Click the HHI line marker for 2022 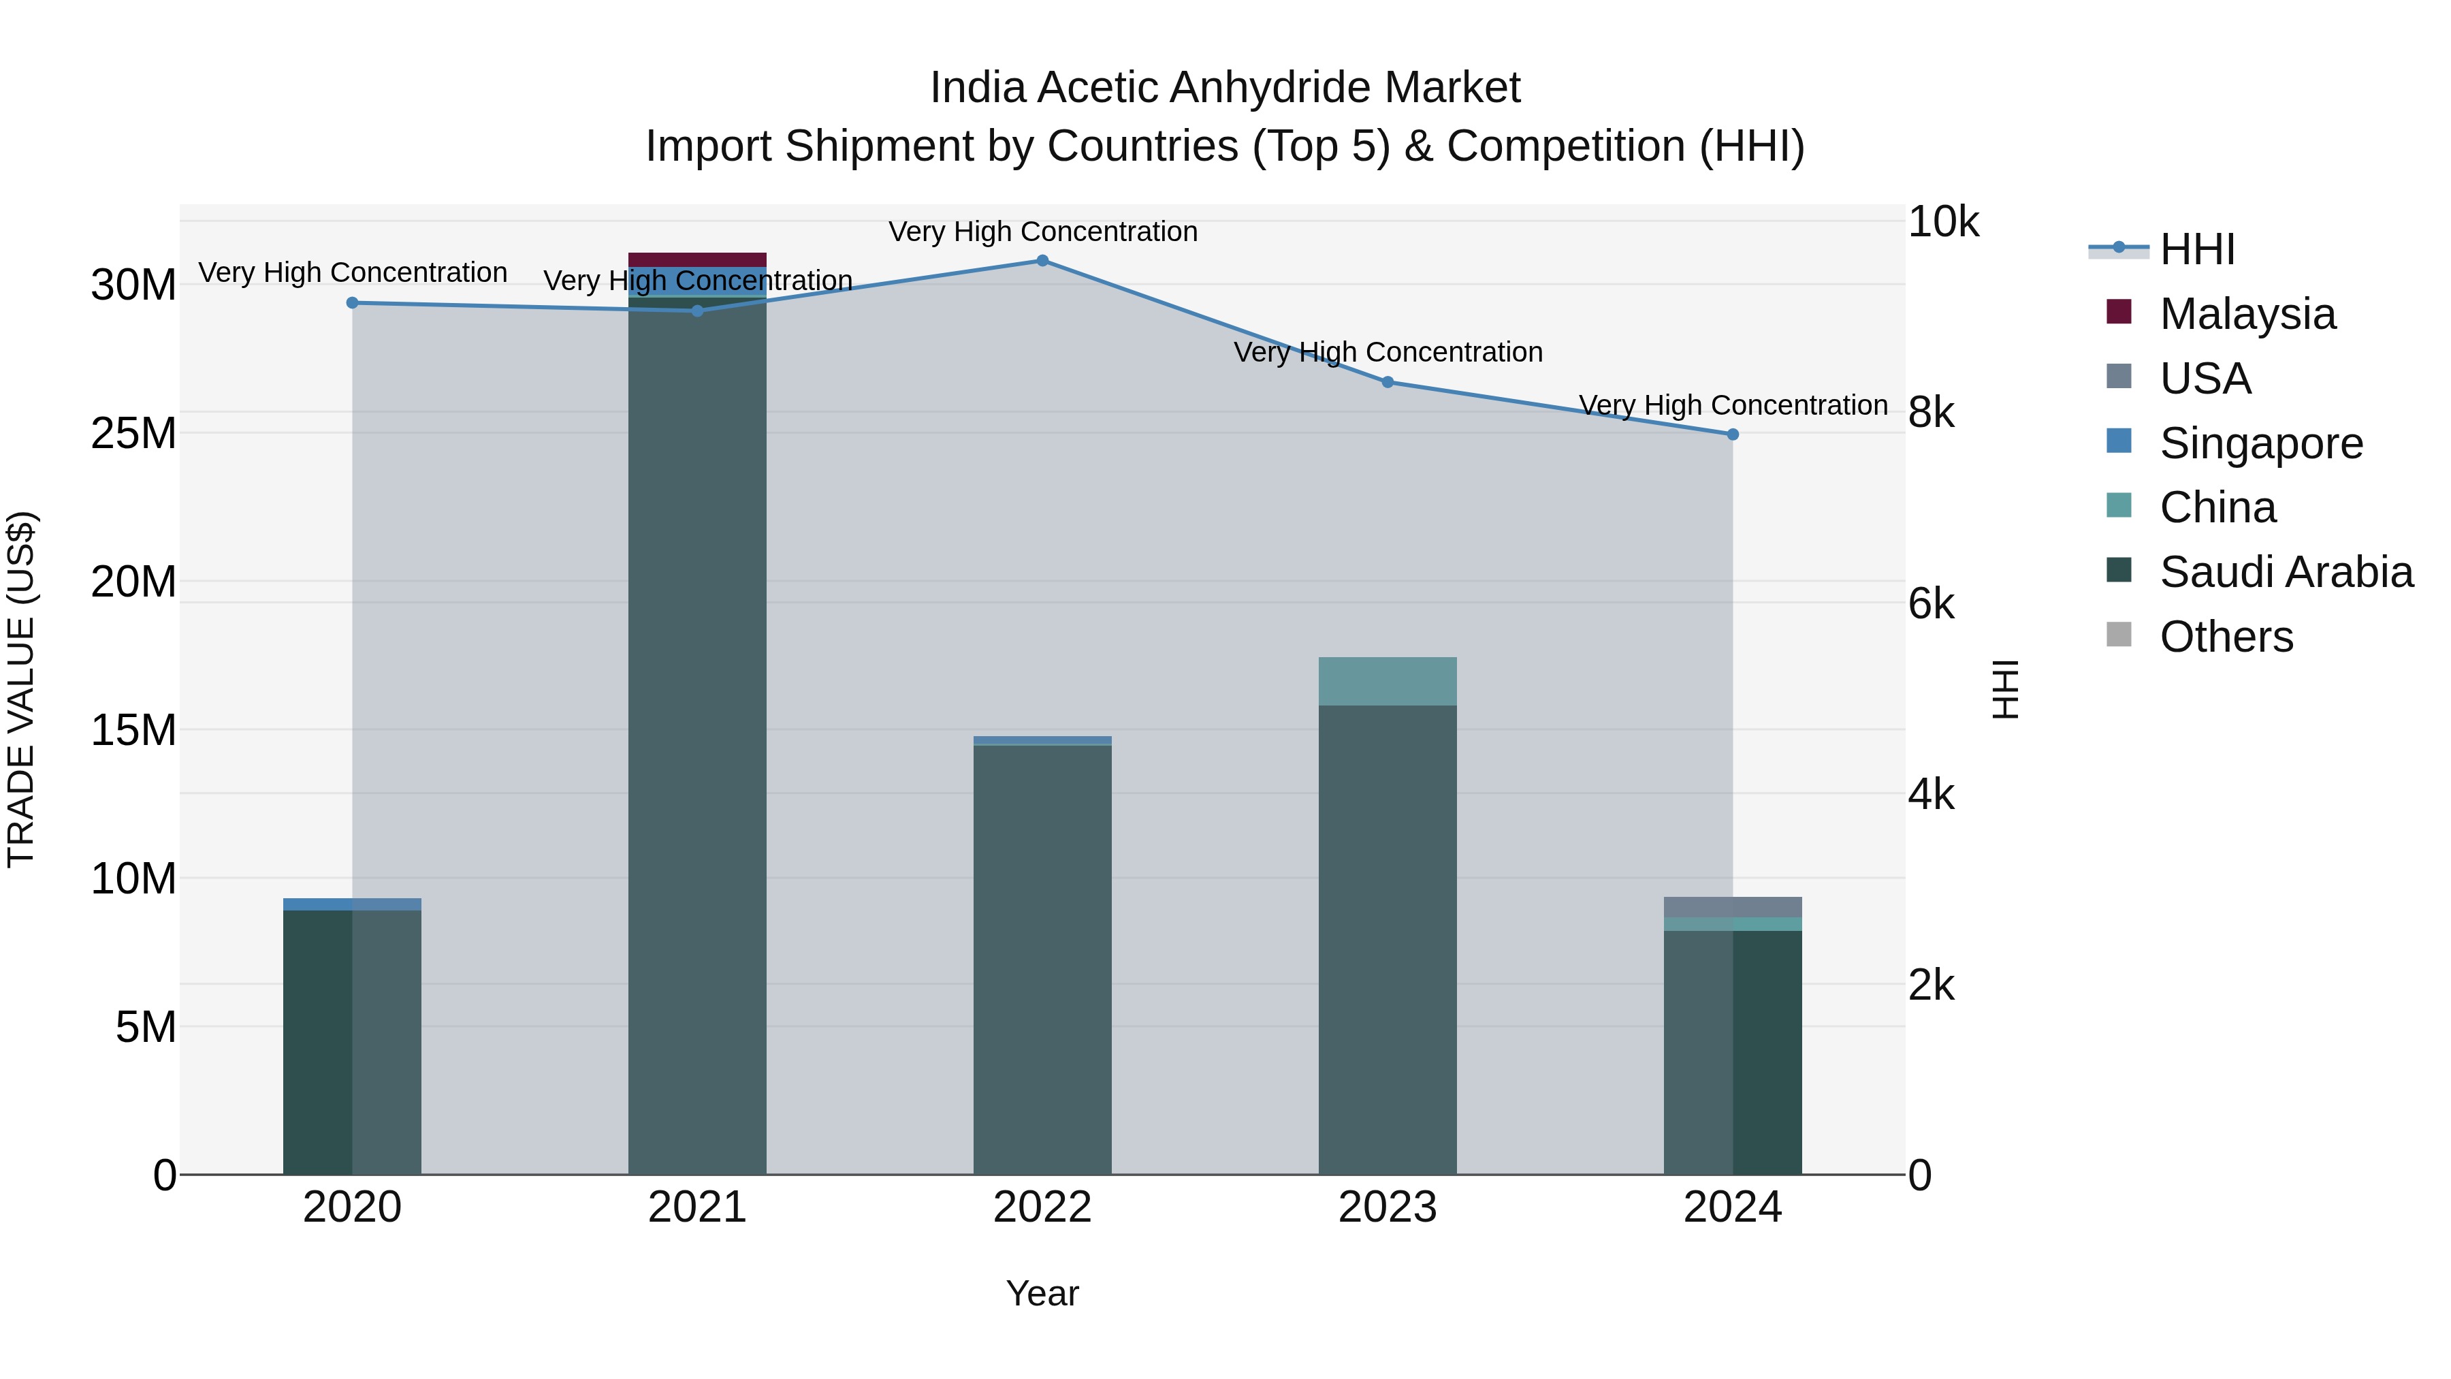click(1042, 261)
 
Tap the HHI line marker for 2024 click(1733, 434)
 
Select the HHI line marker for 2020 click(352, 302)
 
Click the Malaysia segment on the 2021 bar click(697, 260)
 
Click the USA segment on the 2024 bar click(1733, 907)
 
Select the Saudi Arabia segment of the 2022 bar click(1042, 961)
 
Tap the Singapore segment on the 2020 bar click(352, 904)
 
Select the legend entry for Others click(2226, 637)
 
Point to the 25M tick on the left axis click(133, 433)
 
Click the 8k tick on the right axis click(1931, 413)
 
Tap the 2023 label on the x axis click(1388, 1207)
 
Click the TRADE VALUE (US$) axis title click(21, 689)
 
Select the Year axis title click(1042, 1293)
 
